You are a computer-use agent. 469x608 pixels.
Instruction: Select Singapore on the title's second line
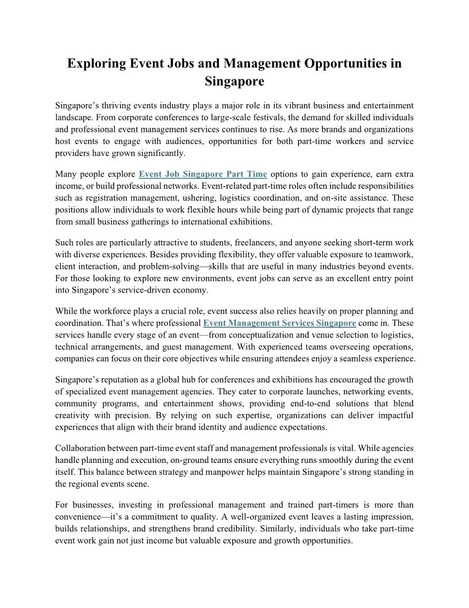(234, 81)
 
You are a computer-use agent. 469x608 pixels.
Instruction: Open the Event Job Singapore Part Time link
(203, 174)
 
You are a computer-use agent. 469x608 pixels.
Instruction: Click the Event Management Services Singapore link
(280, 323)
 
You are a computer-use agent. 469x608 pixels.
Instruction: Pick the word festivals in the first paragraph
(298, 118)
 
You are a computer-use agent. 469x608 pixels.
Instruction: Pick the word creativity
(74, 415)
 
